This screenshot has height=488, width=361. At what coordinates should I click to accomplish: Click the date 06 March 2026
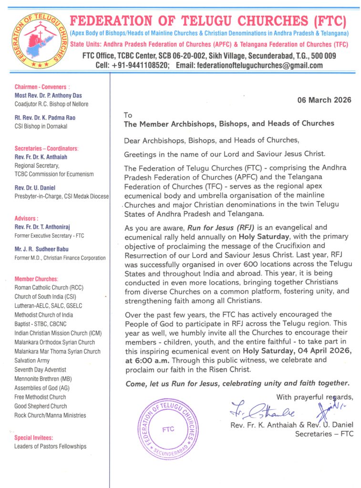[x=324, y=100]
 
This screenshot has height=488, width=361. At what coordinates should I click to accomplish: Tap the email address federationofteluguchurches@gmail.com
[x=249, y=65]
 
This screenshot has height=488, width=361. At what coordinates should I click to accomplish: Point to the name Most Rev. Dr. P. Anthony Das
[x=48, y=95]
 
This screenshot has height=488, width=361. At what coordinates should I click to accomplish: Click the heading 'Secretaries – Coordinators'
[x=46, y=148]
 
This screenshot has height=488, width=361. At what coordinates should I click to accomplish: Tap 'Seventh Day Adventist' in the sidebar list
[x=40, y=369]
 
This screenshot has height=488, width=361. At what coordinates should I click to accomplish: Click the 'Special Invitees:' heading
[x=34, y=437]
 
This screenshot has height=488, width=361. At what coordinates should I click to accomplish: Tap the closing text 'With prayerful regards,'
[x=315, y=397]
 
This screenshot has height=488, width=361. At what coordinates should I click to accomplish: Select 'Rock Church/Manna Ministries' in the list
[x=50, y=415]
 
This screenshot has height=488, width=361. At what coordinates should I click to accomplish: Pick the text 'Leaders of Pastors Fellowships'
[x=51, y=447]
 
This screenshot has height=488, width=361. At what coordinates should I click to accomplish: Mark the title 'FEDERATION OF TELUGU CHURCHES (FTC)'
[x=208, y=21]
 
